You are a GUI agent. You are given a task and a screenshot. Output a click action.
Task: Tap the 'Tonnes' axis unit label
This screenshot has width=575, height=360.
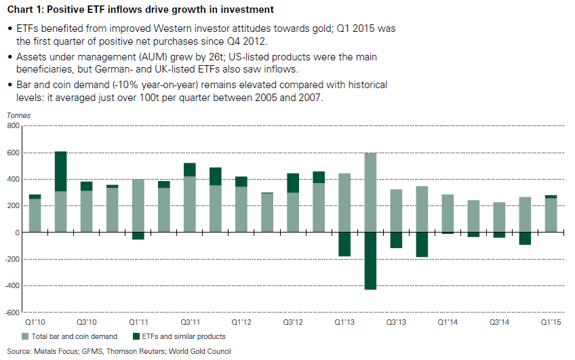(18, 115)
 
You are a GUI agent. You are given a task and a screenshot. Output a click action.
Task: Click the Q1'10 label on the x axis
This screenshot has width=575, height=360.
(35, 322)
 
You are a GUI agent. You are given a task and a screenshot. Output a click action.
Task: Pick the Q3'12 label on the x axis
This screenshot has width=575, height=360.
(293, 322)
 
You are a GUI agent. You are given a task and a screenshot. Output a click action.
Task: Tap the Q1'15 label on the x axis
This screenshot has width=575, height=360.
(551, 322)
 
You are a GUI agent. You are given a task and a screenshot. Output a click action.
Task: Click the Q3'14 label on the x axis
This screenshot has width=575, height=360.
(499, 322)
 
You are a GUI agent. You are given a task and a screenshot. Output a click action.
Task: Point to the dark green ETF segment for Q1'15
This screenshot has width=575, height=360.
(551, 197)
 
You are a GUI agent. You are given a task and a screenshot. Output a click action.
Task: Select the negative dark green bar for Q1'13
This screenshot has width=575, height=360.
(344, 244)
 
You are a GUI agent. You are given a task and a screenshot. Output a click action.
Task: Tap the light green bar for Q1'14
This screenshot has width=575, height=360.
(448, 214)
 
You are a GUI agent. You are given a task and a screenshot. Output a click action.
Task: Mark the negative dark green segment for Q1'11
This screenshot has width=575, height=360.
(138, 236)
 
